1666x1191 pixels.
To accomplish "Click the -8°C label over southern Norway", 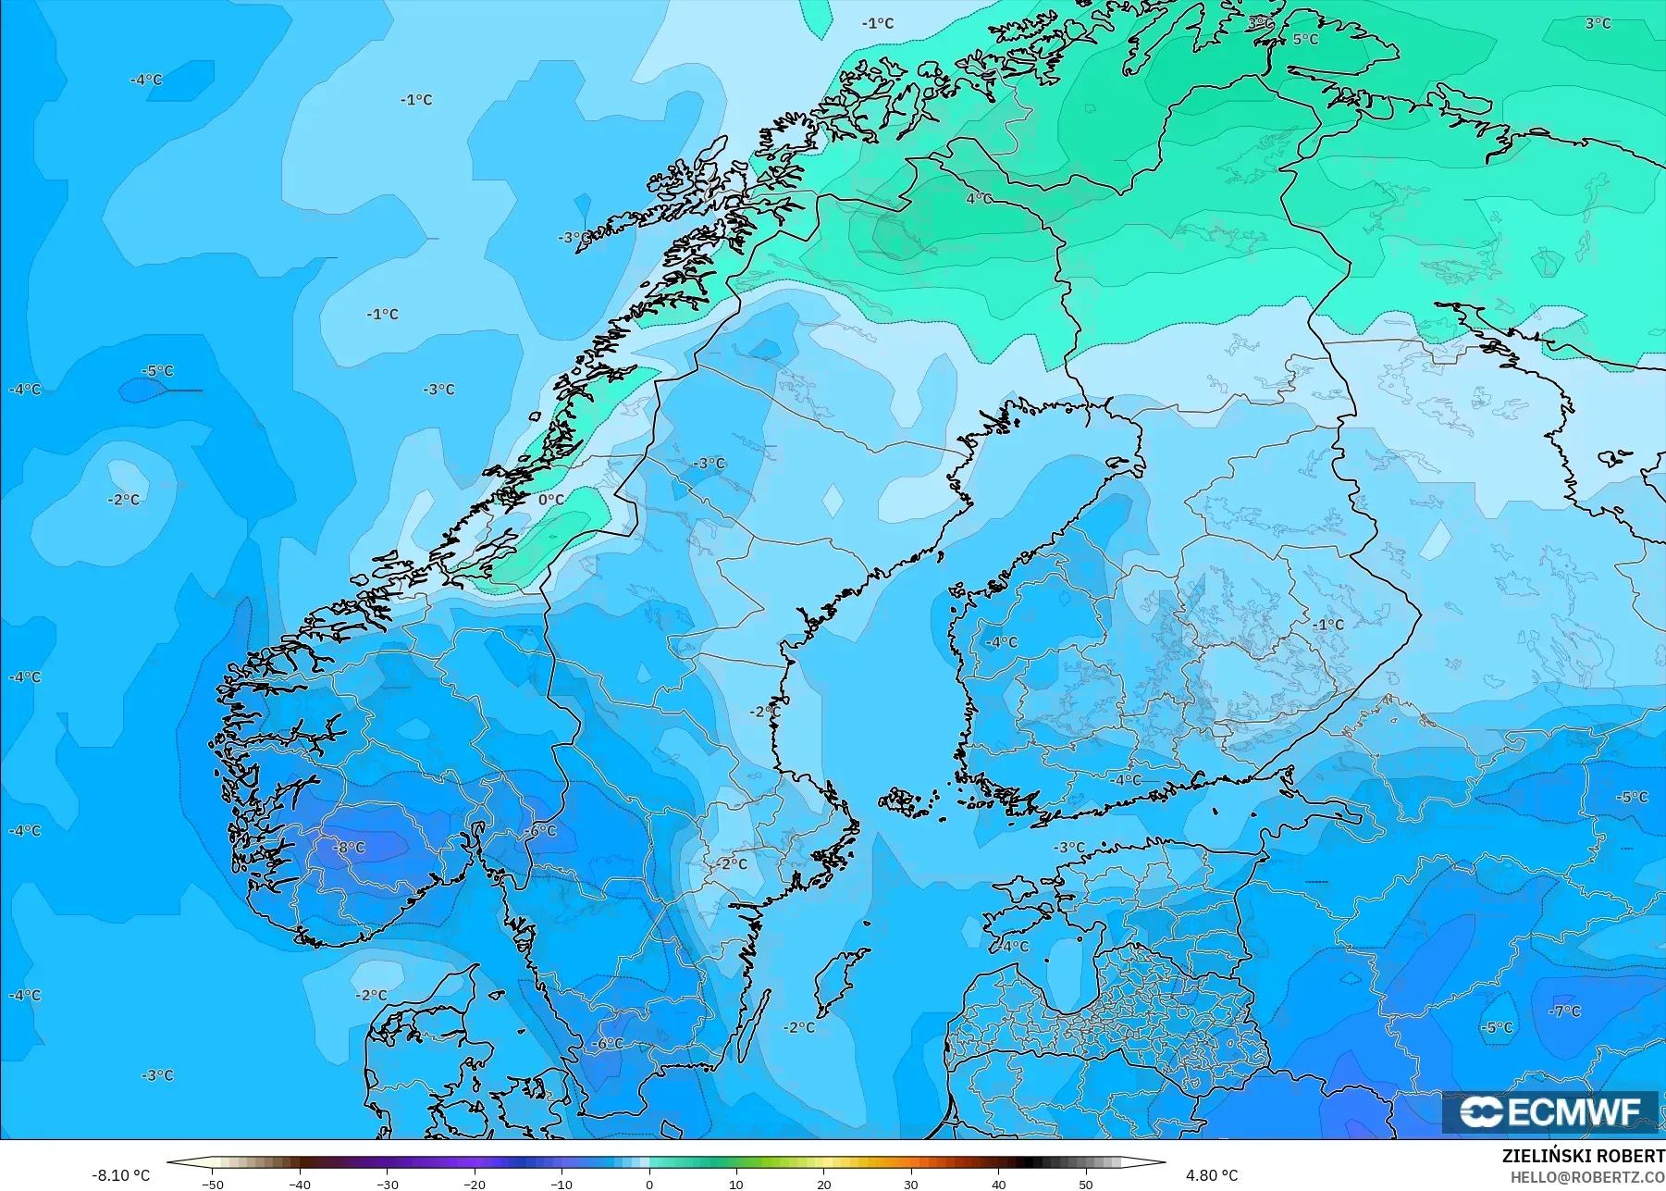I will point(350,847).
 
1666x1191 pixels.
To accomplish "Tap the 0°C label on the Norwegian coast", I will point(550,500).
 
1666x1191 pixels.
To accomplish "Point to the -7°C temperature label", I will point(1565,1011).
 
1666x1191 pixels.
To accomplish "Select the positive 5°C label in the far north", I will point(1305,39).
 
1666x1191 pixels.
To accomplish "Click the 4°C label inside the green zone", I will point(979,198).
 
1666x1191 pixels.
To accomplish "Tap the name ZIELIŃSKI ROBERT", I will point(1583,1157).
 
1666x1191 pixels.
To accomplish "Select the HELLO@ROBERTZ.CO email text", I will point(1587,1177).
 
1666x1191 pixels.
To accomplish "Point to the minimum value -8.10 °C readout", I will point(120,1175).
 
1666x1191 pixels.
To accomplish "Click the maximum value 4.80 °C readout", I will point(1211,1175).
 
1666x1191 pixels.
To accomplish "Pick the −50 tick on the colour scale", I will point(213,1184).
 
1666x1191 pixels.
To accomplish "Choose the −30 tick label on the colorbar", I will point(387,1184).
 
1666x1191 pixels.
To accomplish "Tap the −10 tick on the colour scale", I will point(562,1184).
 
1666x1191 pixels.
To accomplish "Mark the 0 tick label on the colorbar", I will point(649,1184).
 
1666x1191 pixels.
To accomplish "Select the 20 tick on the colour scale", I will point(823,1184).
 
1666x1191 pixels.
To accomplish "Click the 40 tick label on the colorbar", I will point(998,1184).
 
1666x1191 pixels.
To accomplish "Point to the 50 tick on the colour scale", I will point(1085,1184).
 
